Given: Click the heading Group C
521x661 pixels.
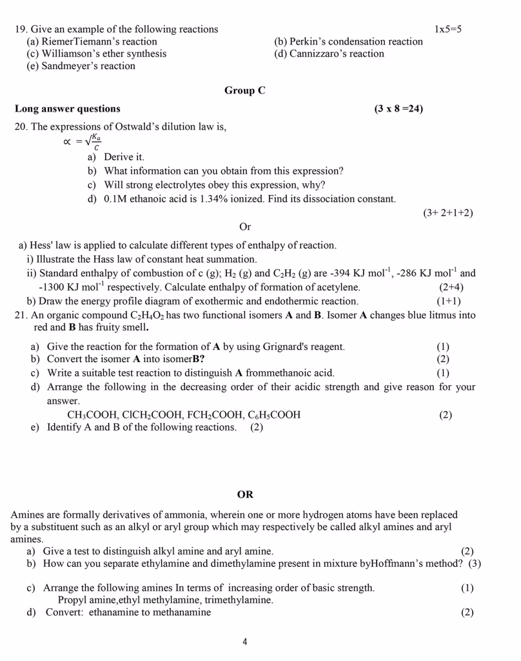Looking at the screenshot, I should click(244, 90).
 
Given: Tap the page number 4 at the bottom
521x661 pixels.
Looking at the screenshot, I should click(245, 641).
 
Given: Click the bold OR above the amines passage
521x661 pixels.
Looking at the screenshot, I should click(245, 494).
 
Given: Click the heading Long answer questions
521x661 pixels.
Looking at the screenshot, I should click(67, 108).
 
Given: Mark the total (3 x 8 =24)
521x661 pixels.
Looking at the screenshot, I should click(398, 108).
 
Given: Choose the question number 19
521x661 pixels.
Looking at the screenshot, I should click(21, 29).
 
